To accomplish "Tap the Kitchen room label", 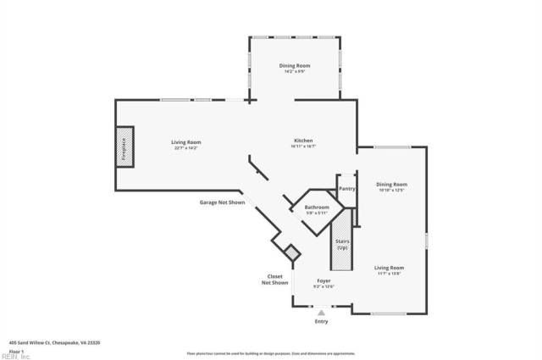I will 304,140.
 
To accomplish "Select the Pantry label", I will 346,188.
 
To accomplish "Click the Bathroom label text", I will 317,207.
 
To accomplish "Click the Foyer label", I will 324,280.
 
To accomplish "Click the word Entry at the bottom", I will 321,322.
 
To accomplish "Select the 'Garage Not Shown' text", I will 222,202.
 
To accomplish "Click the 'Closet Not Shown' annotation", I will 275,279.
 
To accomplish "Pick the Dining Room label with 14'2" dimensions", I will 296,65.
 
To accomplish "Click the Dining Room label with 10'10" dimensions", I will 391,184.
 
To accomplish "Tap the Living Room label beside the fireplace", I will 186,141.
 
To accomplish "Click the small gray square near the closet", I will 292,252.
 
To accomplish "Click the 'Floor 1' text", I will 16,350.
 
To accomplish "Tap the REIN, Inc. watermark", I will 15,357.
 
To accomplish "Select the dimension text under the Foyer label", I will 324,286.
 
